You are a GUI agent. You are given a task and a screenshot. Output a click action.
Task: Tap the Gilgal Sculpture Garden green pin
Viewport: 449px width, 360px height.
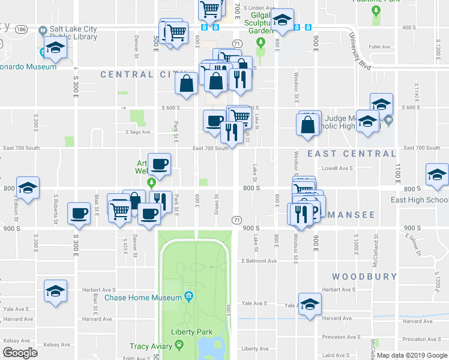(x=260, y=43)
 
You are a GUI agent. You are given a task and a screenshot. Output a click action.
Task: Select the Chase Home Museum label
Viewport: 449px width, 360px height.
(x=143, y=298)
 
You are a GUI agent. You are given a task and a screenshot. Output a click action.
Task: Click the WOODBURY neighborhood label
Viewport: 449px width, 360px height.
(x=364, y=277)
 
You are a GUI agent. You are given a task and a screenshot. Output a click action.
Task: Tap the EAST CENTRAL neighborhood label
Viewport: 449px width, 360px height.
(x=351, y=154)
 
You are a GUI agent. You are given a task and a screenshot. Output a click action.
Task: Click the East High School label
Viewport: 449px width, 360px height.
(x=419, y=200)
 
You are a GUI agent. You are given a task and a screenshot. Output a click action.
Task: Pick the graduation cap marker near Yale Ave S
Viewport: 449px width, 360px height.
(x=310, y=304)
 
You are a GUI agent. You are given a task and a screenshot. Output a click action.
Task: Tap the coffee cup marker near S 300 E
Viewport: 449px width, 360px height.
(x=79, y=214)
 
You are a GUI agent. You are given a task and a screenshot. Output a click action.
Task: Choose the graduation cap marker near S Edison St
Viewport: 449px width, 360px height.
(x=28, y=188)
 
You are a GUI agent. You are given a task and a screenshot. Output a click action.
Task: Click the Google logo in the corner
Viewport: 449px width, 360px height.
(x=20, y=352)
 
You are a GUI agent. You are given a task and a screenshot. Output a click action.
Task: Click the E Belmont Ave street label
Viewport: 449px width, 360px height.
(x=259, y=261)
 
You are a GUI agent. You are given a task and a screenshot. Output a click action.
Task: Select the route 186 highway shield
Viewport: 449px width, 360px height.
(x=22, y=29)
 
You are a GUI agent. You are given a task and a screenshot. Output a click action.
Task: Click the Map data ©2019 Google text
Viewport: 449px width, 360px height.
(x=411, y=355)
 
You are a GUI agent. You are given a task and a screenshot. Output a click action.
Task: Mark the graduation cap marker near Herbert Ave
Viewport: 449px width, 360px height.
(x=55, y=292)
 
